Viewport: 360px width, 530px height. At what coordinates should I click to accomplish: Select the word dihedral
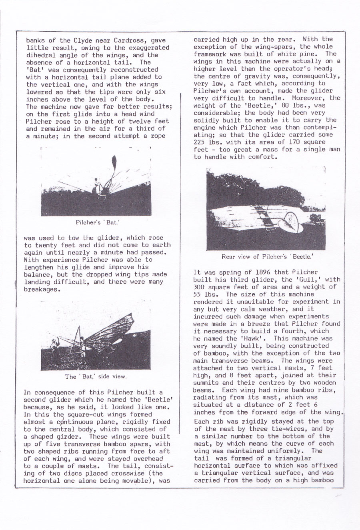(x=41, y=55)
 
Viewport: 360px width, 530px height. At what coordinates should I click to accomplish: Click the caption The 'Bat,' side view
(x=96, y=376)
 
